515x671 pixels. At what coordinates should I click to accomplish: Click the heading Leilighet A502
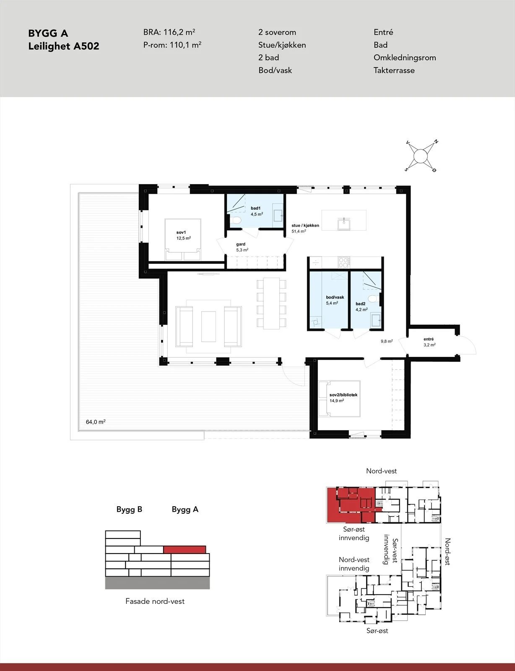coord(64,46)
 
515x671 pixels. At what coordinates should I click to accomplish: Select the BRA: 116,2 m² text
coord(169,32)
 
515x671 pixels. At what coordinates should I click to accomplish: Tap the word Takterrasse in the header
coord(394,70)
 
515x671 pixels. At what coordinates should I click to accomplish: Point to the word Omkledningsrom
coord(405,58)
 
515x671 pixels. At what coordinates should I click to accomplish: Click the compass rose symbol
coord(420,156)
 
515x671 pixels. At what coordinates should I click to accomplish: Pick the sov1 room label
coord(181,232)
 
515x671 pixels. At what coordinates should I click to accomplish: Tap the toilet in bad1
coord(236,221)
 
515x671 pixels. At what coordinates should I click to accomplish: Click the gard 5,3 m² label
coord(242,247)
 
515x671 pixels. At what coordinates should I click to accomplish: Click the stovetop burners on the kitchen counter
coord(343,263)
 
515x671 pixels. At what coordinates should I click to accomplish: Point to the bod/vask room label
coord(335,297)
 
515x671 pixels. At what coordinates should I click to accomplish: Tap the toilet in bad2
coord(373,299)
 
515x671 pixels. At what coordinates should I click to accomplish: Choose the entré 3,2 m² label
coord(429,342)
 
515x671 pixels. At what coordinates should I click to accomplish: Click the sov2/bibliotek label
coord(343,395)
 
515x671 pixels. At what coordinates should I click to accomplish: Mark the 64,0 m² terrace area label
coord(96,422)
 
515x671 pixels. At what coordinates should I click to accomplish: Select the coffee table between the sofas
coord(208,326)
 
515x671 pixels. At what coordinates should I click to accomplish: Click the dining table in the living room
coord(271,304)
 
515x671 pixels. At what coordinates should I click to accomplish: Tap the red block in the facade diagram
coord(185,549)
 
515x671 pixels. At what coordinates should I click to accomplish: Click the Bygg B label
coord(129,509)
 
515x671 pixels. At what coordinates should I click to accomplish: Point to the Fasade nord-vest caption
coord(155,601)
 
